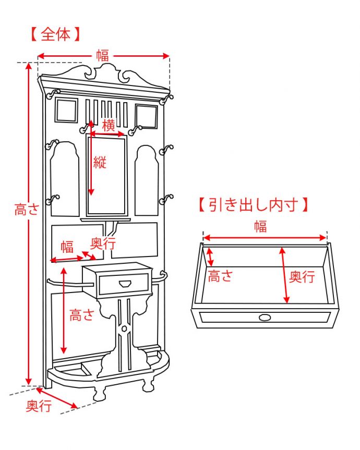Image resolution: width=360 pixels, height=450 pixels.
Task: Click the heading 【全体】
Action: pos(54,35)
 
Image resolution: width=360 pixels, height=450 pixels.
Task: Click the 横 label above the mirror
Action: pos(108,126)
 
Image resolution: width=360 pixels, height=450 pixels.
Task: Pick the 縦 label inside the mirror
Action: pos(100,162)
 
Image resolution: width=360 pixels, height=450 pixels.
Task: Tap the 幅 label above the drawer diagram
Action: pos(260,226)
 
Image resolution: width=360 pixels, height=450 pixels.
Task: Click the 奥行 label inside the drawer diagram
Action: pos(302,276)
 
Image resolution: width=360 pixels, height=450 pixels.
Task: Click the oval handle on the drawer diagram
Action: pos(265,318)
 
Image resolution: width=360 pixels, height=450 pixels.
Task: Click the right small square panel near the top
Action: pos(146,116)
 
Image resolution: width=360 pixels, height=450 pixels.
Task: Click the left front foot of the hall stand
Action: pos(100,392)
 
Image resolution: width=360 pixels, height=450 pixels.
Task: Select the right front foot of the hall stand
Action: pos(148,385)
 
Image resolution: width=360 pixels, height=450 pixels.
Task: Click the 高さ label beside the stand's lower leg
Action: pos(82,315)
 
